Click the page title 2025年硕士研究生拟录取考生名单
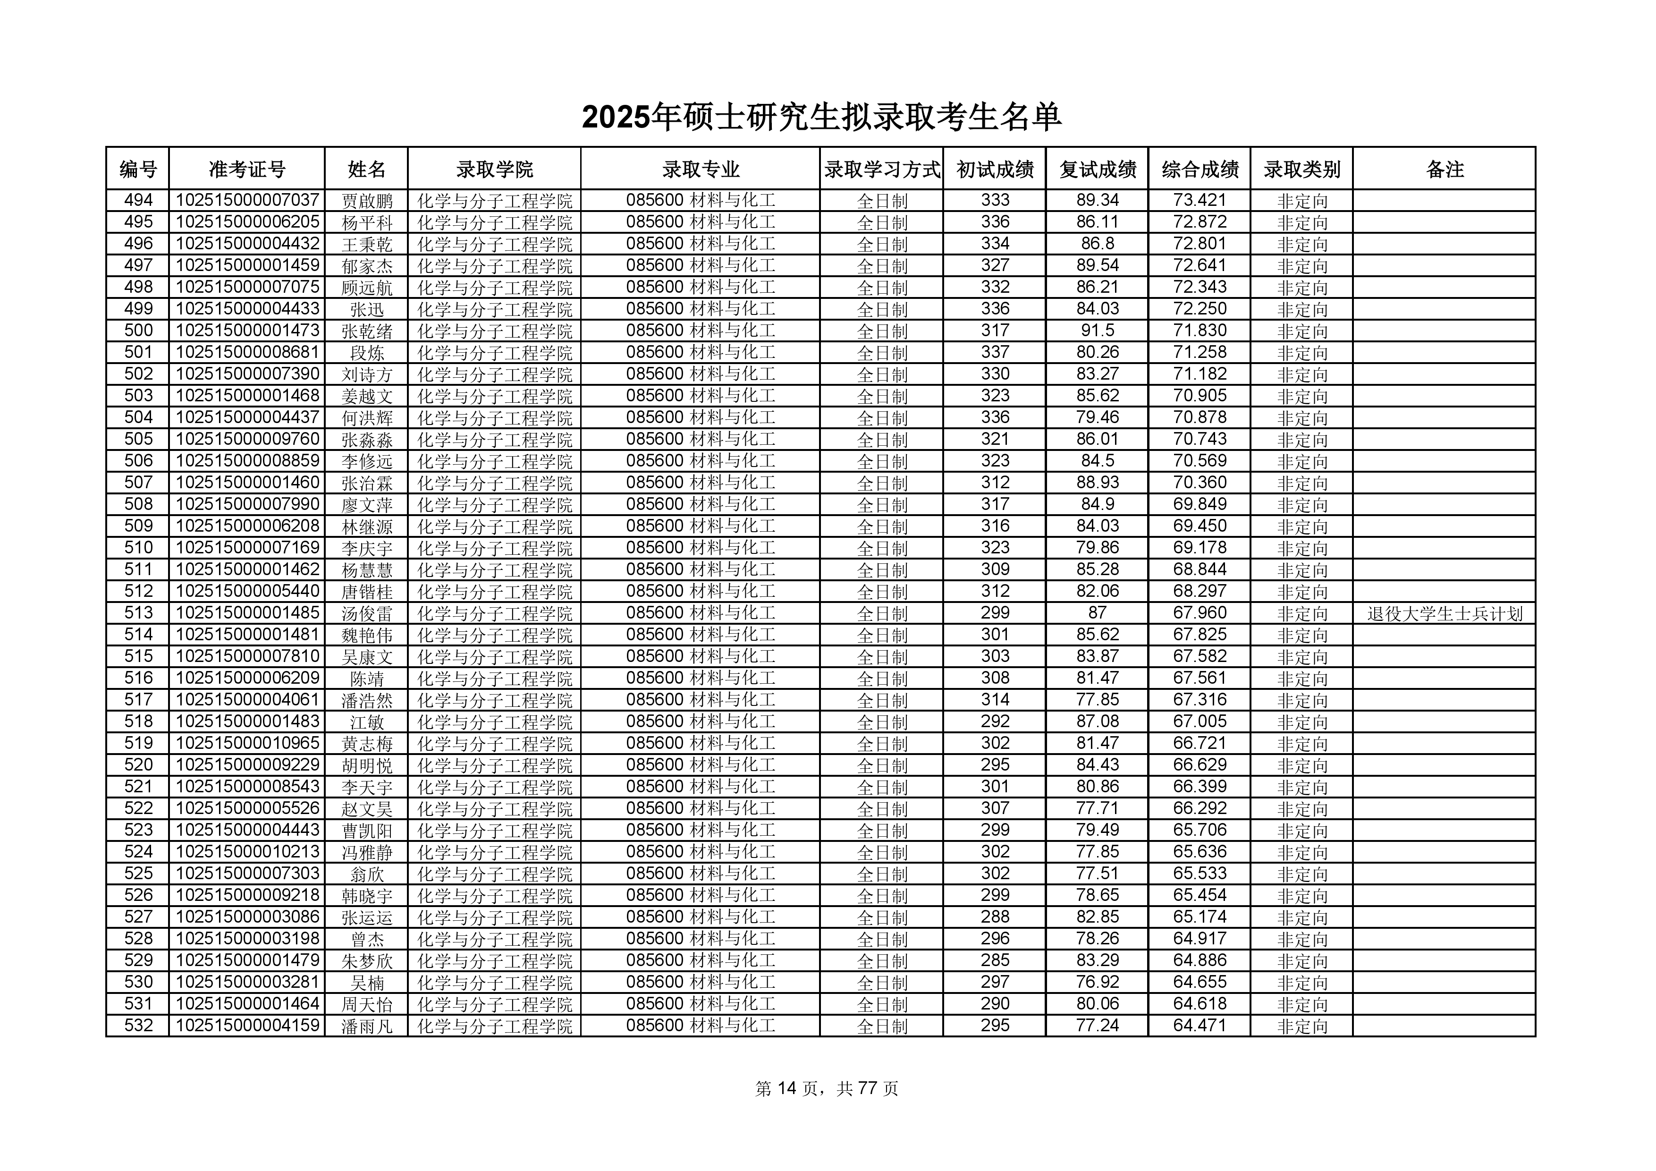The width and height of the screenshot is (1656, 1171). (x=821, y=118)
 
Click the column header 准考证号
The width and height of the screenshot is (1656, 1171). (x=247, y=170)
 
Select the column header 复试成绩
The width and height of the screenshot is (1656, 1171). (x=1097, y=170)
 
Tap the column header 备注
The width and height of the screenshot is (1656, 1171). (x=1444, y=170)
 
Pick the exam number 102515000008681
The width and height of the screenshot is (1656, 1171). (x=247, y=352)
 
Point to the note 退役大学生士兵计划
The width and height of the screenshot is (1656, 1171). (x=1444, y=613)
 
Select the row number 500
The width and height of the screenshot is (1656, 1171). (x=138, y=331)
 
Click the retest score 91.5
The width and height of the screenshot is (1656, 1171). (x=1097, y=331)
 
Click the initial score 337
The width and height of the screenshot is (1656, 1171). (x=995, y=352)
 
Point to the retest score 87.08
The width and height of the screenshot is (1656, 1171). (x=1097, y=721)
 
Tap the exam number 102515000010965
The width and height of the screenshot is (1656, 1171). (x=247, y=743)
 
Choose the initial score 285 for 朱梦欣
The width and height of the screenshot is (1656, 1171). (x=995, y=960)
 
